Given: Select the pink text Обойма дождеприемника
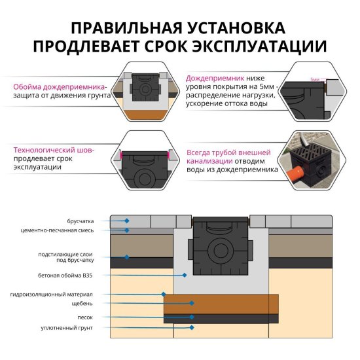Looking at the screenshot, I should (x=60, y=86).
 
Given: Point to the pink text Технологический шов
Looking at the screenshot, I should (x=53, y=149).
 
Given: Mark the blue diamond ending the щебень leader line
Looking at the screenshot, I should (x=192, y=303).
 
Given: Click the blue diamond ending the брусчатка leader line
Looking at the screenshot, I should (x=127, y=221).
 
